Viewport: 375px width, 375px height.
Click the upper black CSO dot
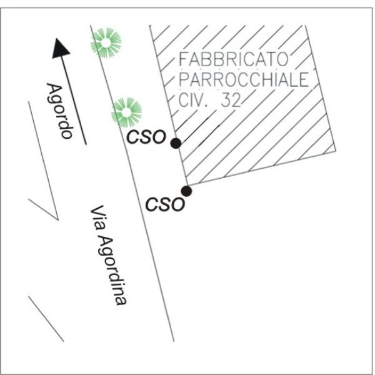click(x=176, y=143)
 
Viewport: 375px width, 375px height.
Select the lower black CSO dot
click(x=186, y=191)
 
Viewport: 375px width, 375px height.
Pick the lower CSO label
click(x=165, y=204)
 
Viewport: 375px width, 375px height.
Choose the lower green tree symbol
click(x=126, y=112)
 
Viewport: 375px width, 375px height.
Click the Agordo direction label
click(x=61, y=110)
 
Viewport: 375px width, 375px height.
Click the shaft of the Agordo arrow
click(x=73, y=100)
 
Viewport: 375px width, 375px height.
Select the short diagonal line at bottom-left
click(x=46, y=319)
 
